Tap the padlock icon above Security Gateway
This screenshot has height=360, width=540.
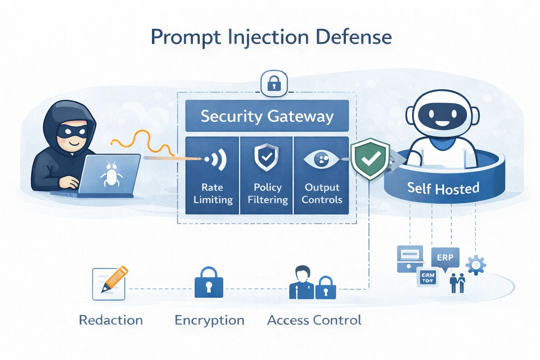[x=274, y=84]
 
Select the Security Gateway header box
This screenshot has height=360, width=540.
[x=267, y=116]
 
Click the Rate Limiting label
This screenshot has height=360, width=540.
[x=213, y=193]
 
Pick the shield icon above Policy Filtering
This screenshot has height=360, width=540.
[x=266, y=157]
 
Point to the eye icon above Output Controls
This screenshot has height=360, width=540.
[x=321, y=159]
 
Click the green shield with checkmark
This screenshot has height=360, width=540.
[x=370, y=159]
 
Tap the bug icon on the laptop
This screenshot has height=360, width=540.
[x=111, y=174]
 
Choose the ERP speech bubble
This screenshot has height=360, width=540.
[x=445, y=258]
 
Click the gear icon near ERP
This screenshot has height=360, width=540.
[x=476, y=265]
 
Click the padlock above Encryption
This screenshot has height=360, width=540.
[x=209, y=283]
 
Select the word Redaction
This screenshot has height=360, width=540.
[x=111, y=320]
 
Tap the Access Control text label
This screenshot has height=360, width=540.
[x=314, y=320]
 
